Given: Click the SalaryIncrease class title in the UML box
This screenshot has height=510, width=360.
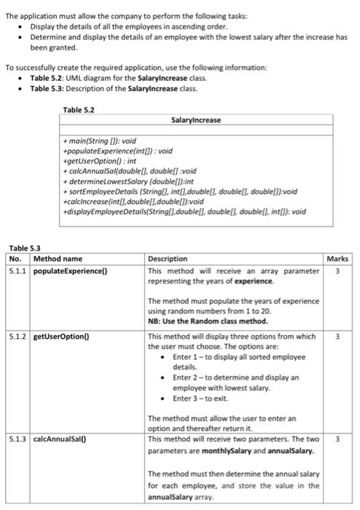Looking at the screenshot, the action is (x=195, y=120).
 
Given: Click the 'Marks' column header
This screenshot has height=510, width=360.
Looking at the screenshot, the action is (x=338, y=259).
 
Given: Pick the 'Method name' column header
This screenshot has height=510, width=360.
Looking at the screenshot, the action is (x=58, y=259).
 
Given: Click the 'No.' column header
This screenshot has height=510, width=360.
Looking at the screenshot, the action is (x=15, y=259).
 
